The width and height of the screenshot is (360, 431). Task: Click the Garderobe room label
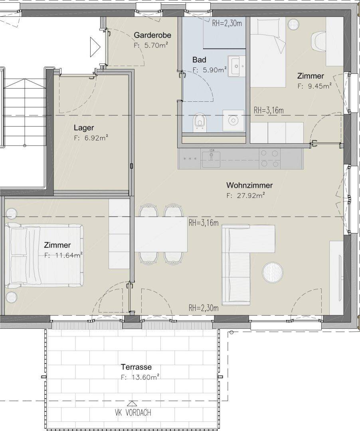tap(152, 35)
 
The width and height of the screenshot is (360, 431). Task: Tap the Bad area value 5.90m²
tap(213, 70)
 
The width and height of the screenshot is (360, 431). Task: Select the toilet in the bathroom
tap(200, 121)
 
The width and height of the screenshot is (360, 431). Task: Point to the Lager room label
tap(84, 128)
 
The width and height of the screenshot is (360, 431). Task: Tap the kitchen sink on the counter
tap(211, 159)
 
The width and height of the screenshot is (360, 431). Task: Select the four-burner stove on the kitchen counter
tap(269, 158)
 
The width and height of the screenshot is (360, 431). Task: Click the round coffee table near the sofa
tap(272, 272)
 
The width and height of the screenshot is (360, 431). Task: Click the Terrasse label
tap(136, 367)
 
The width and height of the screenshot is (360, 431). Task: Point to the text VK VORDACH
tap(133, 412)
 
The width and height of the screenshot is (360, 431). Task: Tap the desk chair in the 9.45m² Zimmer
tap(319, 41)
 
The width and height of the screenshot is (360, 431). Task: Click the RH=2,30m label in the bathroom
tap(227, 24)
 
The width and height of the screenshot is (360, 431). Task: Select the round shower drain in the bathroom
tap(233, 121)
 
